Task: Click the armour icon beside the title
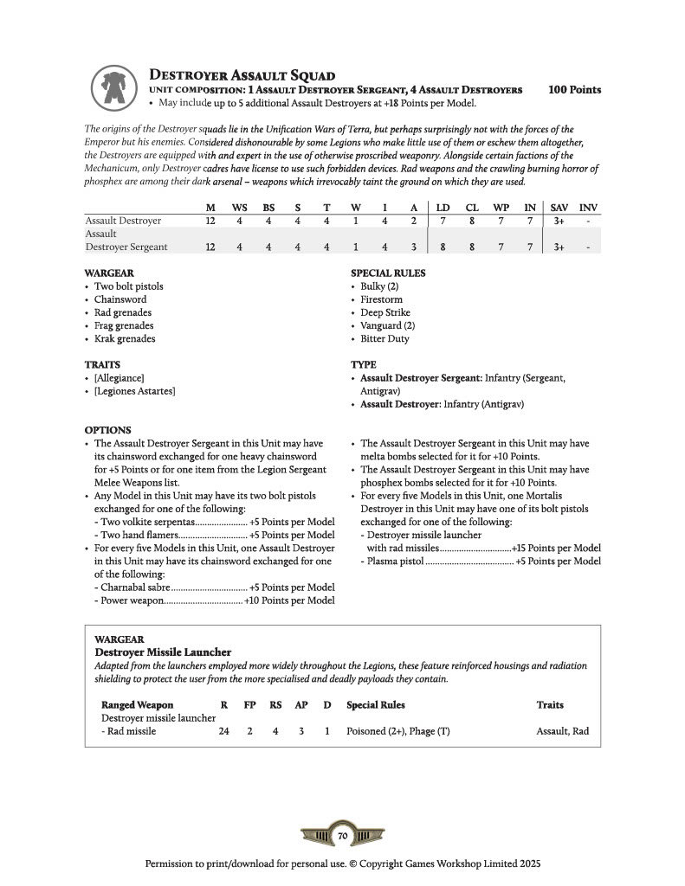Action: (x=113, y=87)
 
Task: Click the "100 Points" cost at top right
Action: (x=574, y=90)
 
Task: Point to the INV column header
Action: (x=588, y=208)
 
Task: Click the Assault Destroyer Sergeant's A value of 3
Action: (x=415, y=247)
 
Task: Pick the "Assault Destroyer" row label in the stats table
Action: (x=123, y=221)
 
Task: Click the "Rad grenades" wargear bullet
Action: (x=123, y=312)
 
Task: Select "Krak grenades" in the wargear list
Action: (x=125, y=338)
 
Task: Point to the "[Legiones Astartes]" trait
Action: (x=135, y=392)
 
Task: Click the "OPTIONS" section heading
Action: (x=107, y=430)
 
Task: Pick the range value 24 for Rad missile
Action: (x=223, y=731)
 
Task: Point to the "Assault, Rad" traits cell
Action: (x=562, y=731)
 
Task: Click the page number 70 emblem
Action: (x=342, y=836)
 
